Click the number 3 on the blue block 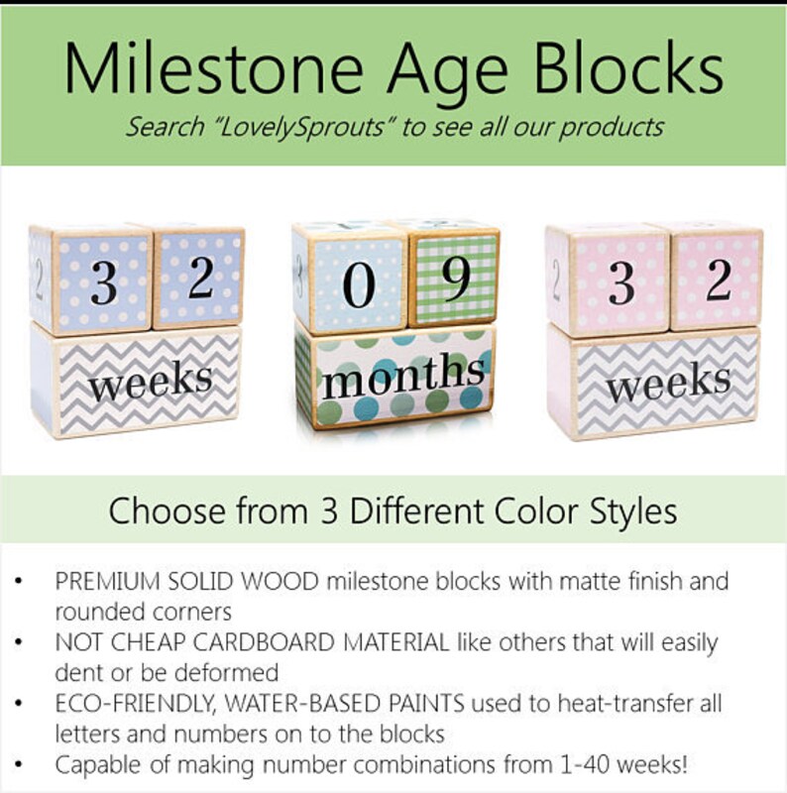click(x=103, y=284)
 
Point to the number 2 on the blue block click(x=200, y=281)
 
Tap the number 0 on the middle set click(x=359, y=285)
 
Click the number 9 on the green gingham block click(x=455, y=283)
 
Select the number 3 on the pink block click(x=621, y=284)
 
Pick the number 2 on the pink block click(x=718, y=282)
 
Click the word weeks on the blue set click(x=152, y=381)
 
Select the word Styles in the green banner click(x=634, y=511)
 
